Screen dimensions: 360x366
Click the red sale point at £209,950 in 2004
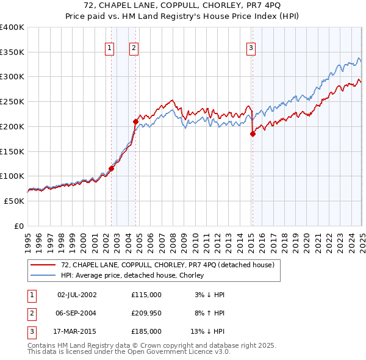tap(135, 121)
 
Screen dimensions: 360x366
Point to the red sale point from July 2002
tap(111, 168)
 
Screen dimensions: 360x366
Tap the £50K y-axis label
tap(13, 201)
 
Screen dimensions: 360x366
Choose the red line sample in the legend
tap(44, 265)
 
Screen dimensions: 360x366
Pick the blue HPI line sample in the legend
tap(44, 275)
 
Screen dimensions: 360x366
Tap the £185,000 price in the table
tap(146, 331)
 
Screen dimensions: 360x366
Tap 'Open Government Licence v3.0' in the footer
tap(176, 352)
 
